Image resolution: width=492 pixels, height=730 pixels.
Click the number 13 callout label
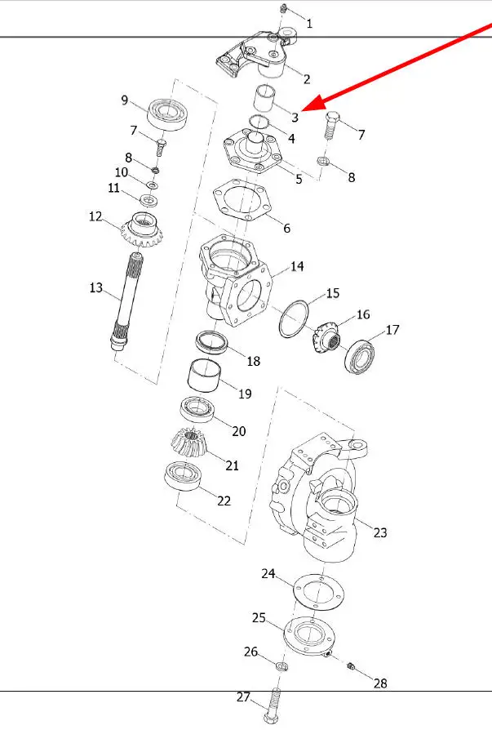pos(95,287)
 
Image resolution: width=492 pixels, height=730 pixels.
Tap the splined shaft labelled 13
pos(126,301)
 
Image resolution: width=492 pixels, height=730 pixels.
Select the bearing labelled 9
pos(167,114)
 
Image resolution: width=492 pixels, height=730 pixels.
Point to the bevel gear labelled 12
pos(142,229)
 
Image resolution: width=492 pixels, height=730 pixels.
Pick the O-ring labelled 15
pos(294,318)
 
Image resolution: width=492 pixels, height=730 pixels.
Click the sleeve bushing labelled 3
pos(264,98)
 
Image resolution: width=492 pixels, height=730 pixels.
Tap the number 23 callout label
pos(380,532)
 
